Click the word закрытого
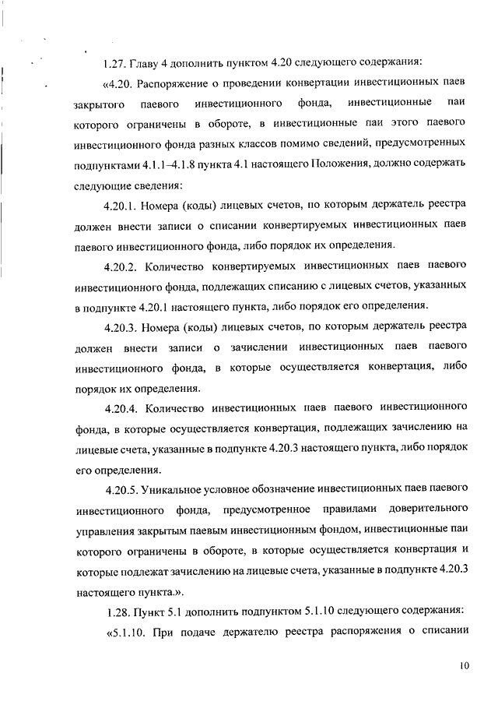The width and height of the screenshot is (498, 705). tap(98, 104)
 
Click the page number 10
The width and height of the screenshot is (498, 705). tap(465, 666)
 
